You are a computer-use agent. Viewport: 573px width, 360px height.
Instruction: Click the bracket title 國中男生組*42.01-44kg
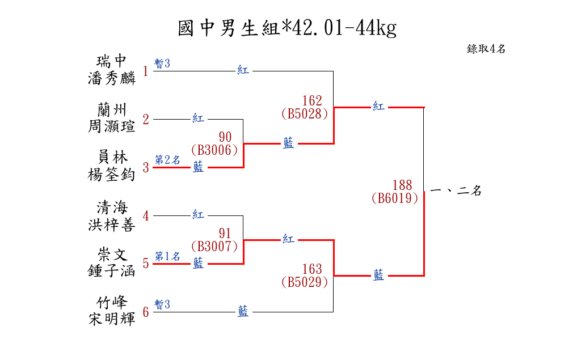click(286, 27)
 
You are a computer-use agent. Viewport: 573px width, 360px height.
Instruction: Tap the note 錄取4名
click(486, 49)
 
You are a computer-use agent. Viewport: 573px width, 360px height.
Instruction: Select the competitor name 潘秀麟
click(112, 78)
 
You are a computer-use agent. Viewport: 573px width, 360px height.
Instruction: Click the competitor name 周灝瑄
click(112, 126)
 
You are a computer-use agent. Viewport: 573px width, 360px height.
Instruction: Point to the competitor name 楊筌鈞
click(112, 175)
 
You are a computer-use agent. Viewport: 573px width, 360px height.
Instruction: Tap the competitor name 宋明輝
click(112, 319)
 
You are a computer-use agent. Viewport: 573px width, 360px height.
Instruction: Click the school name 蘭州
click(112, 109)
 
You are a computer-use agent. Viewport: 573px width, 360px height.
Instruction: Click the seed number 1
click(146, 71)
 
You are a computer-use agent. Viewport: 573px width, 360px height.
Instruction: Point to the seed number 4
click(146, 216)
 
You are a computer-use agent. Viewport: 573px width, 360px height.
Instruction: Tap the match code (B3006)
click(214, 150)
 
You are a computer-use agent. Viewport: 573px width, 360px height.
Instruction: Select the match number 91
click(225, 234)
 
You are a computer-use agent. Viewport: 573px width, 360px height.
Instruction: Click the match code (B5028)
click(305, 113)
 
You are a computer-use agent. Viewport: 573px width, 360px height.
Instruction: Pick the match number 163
click(312, 269)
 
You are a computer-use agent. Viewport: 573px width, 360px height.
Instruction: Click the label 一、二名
click(456, 191)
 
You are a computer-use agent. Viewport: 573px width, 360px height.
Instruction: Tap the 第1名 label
click(168, 256)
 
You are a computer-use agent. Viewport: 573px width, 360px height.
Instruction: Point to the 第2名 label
click(168, 160)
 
